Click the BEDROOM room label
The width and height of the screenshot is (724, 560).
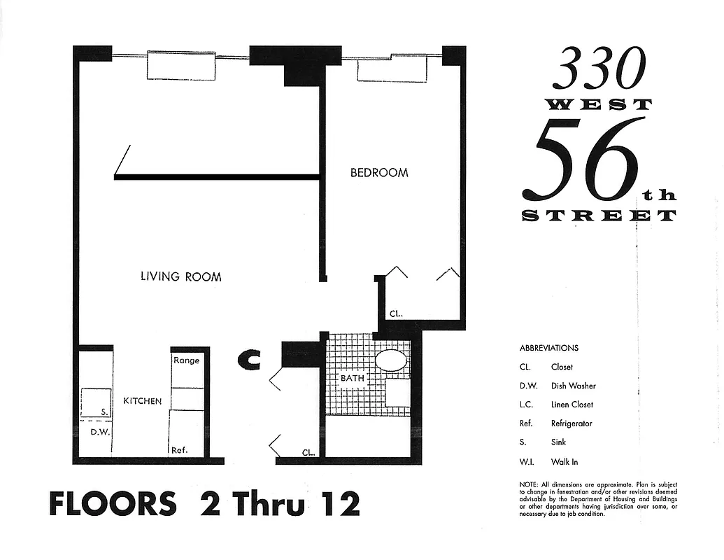[379, 172]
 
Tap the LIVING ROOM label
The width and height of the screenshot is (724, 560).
[181, 276]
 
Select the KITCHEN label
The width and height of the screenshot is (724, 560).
[143, 401]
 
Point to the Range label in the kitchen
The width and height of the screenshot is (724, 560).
[186, 360]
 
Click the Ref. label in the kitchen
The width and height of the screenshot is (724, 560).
[180, 450]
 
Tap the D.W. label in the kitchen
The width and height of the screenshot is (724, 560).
[99, 432]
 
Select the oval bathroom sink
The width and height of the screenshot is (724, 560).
[391, 361]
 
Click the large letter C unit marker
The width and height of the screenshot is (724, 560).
[250, 360]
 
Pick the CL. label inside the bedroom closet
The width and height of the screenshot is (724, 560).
[396, 314]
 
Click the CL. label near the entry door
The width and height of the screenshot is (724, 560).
[308, 452]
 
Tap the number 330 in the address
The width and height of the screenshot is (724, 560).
[599, 69]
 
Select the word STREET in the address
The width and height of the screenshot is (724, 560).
[599, 216]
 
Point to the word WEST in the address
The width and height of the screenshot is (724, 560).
[598, 105]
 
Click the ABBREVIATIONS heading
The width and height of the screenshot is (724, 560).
[549, 348]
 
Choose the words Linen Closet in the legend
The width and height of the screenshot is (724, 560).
[572, 405]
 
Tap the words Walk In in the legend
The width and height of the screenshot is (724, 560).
[565, 462]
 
